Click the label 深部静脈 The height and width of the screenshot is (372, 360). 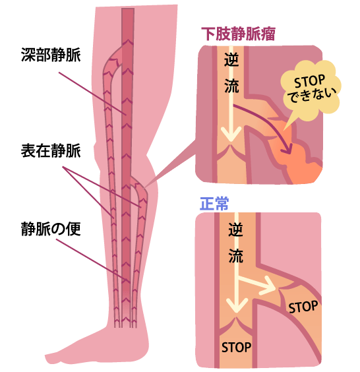pos(51,55)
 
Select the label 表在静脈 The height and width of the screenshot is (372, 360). pos(51,150)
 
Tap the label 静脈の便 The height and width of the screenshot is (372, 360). pos(51,229)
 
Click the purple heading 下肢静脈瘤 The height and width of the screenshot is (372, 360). pos(238,34)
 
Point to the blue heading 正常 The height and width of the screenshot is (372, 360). pos(214,203)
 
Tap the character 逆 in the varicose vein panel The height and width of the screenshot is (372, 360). pos(231,59)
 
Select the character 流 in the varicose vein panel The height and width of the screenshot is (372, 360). pos(231,86)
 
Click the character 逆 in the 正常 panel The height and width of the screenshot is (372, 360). pos(236,230)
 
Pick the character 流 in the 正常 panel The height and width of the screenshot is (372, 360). pos(236,256)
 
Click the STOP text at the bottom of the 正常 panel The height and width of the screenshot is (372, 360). pos(236,348)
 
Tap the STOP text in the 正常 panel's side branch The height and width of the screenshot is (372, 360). pos(303,307)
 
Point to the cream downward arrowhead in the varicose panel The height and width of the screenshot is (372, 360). pos(231,134)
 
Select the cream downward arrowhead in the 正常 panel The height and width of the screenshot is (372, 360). pos(237,305)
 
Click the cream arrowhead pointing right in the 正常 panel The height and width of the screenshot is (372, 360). pos(268,286)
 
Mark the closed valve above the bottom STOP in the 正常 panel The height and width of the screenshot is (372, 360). pos(236,325)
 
